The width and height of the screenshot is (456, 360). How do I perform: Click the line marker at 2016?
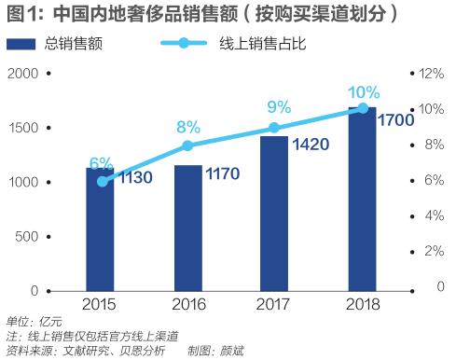[x=187, y=145]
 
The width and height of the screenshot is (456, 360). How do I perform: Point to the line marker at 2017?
[x=274, y=128]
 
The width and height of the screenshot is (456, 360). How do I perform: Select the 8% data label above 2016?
[x=187, y=127]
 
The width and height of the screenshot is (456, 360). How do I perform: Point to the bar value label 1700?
[x=397, y=119]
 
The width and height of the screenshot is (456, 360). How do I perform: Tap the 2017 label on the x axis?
[x=274, y=304]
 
